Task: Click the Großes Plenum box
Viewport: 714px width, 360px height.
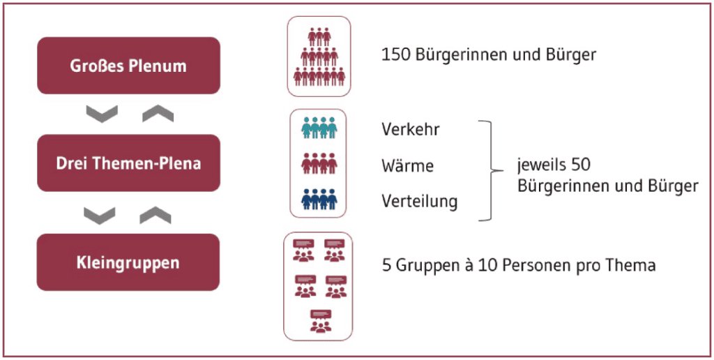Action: [128, 66]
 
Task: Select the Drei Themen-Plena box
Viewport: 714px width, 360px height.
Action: [128, 163]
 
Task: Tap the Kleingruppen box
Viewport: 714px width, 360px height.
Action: [128, 262]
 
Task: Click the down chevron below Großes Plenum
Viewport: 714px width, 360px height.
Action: [102, 114]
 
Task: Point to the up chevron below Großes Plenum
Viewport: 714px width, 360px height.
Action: [158, 114]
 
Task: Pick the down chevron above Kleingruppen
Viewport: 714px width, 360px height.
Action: [99, 216]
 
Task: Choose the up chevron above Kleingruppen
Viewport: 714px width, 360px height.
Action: [155, 216]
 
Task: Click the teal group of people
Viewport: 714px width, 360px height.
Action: [319, 128]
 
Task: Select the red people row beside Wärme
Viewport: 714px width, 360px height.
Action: [319, 163]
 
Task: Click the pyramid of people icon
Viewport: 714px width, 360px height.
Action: [319, 57]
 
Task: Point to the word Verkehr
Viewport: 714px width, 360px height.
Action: [411, 129]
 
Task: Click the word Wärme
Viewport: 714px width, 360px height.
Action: [408, 165]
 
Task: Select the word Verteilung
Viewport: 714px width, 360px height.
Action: [420, 201]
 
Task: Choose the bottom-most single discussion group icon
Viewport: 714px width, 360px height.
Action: [321, 320]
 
